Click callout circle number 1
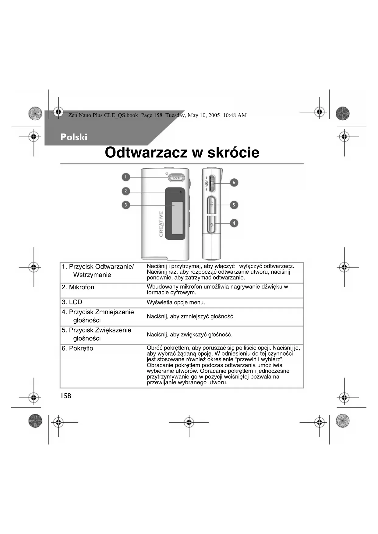pyautogui.click(x=126, y=177)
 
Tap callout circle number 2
pyautogui.click(x=126, y=191)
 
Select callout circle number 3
pyautogui.click(x=126, y=205)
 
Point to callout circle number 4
pyautogui.click(x=234, y=223)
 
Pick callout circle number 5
pyautogui.click(x=234, y=205)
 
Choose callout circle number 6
pyautogui.click(x=234, y=183)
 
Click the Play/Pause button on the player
pyautogui.click(x=176, y=177)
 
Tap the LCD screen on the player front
pyautogui.click(x=177, y=218)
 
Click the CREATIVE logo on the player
pyautogui.click(x=161, y=224)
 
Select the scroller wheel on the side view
pyautogui.click(x=212, y=183)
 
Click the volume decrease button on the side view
pyautogui.click(x=212, y=225)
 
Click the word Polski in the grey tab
pyautogui.click(x=74, y=137)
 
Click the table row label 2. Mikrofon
pyautogui.click(x=78, y=287)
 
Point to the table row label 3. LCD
pyautogui.click(x=72, y=302)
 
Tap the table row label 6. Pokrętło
pyautogui.click(x=77, y=348)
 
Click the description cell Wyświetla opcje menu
pyautogui.click(x=176, y=302)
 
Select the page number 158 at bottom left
pyautogui.click(x=65, y=396)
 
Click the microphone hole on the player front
pyautogui.click(x=181, y=192)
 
